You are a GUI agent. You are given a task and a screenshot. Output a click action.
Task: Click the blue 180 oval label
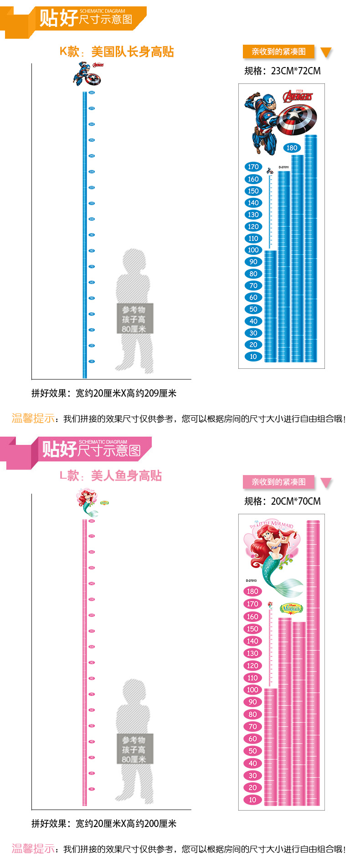pos(292,148)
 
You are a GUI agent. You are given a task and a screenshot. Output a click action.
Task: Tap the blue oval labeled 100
pos(253,250)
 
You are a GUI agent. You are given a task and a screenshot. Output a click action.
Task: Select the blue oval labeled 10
pos(253,357)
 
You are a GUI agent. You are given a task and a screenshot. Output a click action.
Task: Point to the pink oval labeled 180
pos(252,591)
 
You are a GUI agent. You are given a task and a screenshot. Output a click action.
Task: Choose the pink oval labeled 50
pos(252,751)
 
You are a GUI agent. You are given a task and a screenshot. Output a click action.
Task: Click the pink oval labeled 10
pos(252,800)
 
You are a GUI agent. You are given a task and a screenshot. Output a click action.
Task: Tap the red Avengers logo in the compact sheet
pos(298,96)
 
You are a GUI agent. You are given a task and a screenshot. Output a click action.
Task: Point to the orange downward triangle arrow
pos(326,52)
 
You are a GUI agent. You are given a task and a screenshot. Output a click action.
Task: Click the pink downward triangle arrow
pos(326,483)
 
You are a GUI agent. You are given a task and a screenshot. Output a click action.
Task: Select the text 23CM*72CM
pos(296,71)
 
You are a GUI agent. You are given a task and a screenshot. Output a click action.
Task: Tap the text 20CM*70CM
pos(296,501)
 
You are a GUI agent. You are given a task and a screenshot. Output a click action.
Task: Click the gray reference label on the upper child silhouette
pos(134,319)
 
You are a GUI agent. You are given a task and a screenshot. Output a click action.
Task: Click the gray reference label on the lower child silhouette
pos(134,749)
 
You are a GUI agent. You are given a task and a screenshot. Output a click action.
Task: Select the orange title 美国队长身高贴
pos(132,52)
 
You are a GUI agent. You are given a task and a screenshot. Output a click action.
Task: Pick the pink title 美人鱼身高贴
pos(126,476)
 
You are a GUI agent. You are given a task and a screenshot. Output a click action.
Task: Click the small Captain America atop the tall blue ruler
pos(87,75)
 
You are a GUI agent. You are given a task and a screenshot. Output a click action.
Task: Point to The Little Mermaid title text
pos(272,525)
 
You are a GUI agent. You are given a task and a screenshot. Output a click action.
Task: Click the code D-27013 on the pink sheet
pos(251,580)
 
